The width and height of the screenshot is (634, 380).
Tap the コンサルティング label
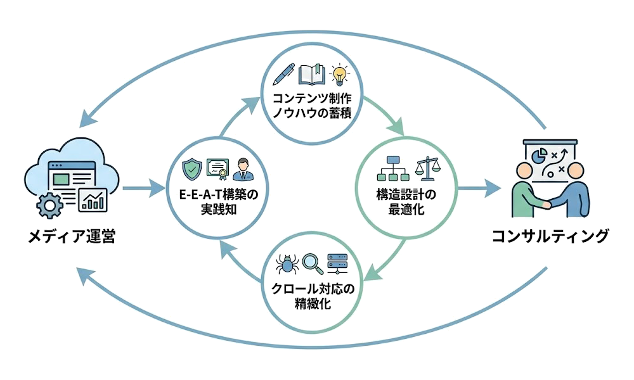[x=550, y=237]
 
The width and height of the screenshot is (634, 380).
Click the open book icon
[x=311, y=75]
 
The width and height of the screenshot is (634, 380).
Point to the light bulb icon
[x=340, y=75]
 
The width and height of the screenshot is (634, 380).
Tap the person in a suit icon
[x=242, y=169]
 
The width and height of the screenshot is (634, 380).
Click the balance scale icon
[x=425, y=168]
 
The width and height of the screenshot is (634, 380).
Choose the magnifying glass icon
[x=311, y=262]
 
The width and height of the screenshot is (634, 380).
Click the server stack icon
[x=338, y=262]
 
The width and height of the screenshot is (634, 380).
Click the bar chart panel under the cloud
[x=93, y=201]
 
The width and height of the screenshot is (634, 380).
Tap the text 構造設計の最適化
[x=406, y=202]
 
